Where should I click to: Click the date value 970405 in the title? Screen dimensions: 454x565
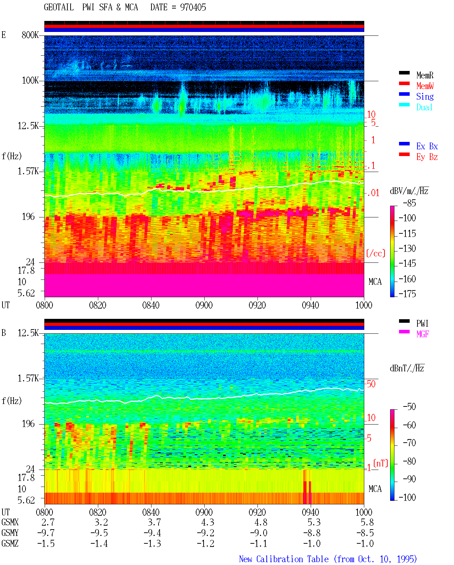193,7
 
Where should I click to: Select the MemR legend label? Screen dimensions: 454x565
425,75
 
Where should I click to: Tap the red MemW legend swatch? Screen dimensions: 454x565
404,83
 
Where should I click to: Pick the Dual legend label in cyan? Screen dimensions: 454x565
425,107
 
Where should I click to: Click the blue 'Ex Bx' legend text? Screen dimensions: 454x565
427,146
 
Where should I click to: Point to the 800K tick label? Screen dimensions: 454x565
30,35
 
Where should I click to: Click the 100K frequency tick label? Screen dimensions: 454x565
30,81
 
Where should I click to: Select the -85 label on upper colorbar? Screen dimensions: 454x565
409,203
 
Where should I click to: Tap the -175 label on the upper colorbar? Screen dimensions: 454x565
407,294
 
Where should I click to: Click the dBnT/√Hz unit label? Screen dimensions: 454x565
407,369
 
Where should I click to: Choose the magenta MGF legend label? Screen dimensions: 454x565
423,334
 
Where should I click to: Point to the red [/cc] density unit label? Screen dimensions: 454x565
376,253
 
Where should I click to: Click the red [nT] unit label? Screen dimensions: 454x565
381,463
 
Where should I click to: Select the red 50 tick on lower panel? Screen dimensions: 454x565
371,384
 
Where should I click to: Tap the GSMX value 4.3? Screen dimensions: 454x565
208,522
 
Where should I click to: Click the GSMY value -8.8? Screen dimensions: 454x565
312,533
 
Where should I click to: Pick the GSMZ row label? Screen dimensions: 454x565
10,543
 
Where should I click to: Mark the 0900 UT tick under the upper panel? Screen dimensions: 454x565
204,305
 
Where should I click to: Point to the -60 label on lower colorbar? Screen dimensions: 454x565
409,425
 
